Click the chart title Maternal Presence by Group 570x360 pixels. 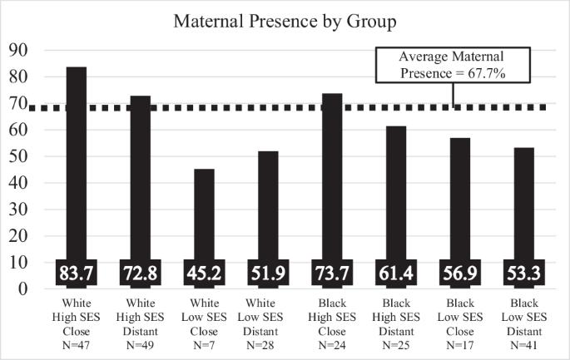285,22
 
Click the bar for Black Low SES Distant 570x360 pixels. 524,218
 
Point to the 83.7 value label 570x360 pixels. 77,273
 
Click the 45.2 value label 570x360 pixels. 205,273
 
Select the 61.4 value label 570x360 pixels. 396,273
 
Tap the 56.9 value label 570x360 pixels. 460,273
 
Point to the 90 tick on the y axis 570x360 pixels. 17,50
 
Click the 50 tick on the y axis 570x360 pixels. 17,156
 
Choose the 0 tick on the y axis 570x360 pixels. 23,289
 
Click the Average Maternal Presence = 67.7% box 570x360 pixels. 453,65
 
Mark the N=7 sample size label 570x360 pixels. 204,345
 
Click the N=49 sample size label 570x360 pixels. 140,345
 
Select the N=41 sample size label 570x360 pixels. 524,345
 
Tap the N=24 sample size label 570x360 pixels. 332,345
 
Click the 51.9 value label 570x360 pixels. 268,273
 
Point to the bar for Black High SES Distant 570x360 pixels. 396,207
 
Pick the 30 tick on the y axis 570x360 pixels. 17,210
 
